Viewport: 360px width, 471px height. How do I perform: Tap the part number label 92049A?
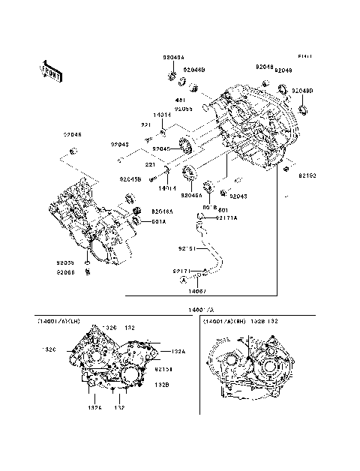click(174, 57)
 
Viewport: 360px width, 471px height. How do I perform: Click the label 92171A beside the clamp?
click(226, 217)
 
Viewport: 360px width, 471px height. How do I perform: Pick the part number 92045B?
click(129, 178)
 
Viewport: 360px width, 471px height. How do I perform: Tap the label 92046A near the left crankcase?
click(161, 211)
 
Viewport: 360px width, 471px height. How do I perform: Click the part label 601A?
click(159, 221)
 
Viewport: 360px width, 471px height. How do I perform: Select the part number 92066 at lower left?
click(64, 271)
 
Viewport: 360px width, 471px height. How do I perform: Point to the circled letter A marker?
click(181, 278)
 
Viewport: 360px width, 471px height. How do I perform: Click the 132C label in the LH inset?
click(50, 349)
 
